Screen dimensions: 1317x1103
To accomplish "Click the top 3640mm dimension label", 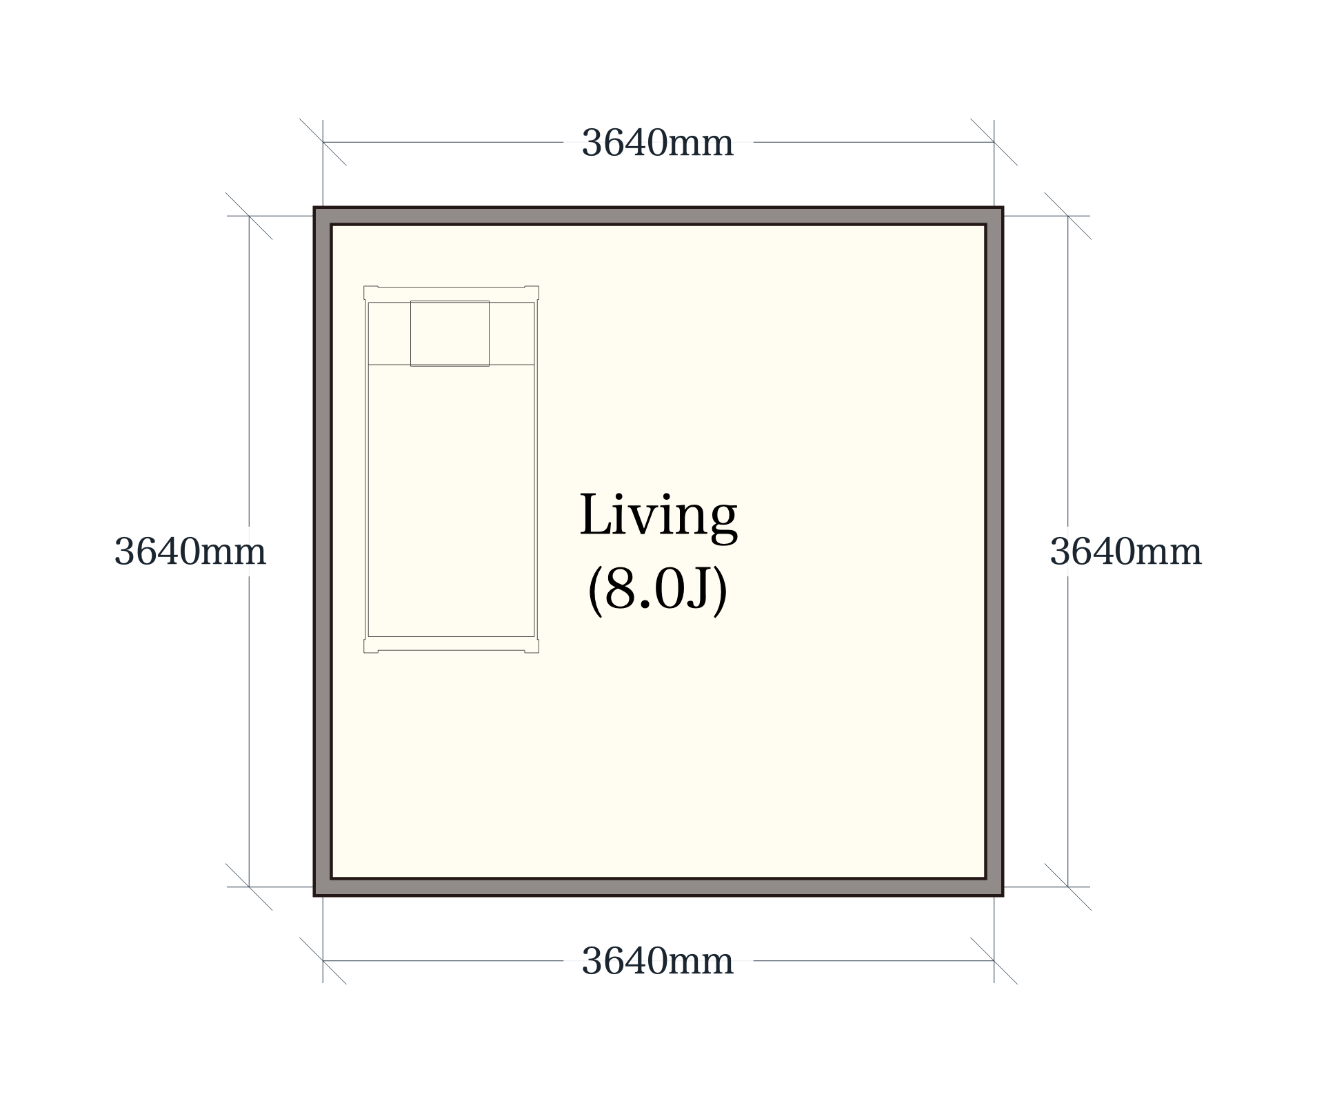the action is click(657, 143).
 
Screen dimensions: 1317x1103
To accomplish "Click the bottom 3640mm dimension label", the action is click(657, 961).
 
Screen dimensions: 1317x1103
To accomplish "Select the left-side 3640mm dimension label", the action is click(190, 551).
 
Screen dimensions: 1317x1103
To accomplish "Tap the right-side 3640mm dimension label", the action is click(1125, 551).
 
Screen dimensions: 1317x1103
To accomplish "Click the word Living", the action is click(658, 516).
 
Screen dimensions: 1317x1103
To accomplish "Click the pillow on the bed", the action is click(450, 334).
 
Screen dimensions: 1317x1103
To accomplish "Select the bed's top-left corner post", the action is click(371, 293).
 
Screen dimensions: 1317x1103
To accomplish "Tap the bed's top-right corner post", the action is click(532, 293).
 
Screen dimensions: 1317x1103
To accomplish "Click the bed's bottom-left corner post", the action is click(371, 645).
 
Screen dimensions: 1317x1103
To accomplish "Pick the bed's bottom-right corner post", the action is click(532, 645).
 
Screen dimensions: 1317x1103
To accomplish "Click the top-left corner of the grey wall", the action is click(315, 208).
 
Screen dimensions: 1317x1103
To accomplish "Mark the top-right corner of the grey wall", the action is click(1002, 208).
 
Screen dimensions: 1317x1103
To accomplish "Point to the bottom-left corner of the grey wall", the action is click(315, 895).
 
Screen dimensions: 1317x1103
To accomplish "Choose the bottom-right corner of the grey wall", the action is click(1002, 895).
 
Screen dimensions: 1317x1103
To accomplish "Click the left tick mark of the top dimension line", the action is click(323, 142).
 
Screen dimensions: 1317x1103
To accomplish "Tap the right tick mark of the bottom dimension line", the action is click(994, 960).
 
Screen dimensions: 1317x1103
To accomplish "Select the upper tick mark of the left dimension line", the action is click(249, 216).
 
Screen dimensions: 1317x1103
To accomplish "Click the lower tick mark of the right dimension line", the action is click(1067, 887).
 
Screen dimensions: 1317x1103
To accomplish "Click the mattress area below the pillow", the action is click(451, 500).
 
